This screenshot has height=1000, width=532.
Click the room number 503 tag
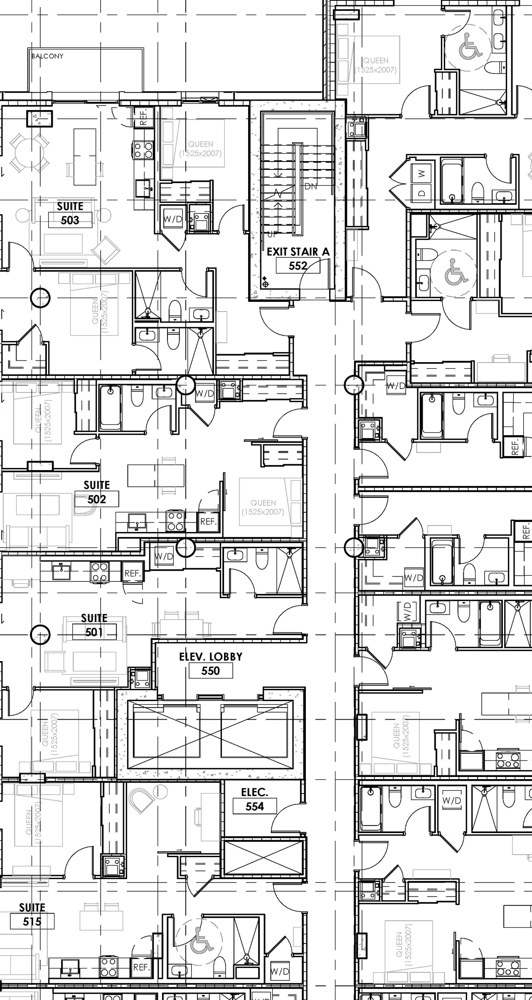tap(70, 220)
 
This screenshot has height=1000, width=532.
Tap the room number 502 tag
tap(96, 499)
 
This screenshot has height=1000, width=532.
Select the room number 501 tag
tap(94, 632)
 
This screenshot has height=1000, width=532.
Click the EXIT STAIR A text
tap(298, 252)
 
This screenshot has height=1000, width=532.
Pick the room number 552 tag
tap(298, 266)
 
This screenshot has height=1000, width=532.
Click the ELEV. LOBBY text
tap(210, 657)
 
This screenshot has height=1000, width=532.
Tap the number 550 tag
tap(210, 671)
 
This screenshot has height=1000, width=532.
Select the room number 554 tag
tap(254, 806)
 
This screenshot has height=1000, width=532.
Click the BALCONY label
tap(47, 56)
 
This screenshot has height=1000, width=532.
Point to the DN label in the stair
tap(310, 186)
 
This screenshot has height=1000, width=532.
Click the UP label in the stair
tap(272, 234)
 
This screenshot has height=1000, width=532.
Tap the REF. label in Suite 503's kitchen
tap(144, 117)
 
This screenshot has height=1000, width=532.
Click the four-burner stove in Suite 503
tap(143, 150)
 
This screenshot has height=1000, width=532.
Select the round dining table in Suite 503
tap(28, 152)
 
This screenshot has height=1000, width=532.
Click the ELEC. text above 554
tap(254, 792)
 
